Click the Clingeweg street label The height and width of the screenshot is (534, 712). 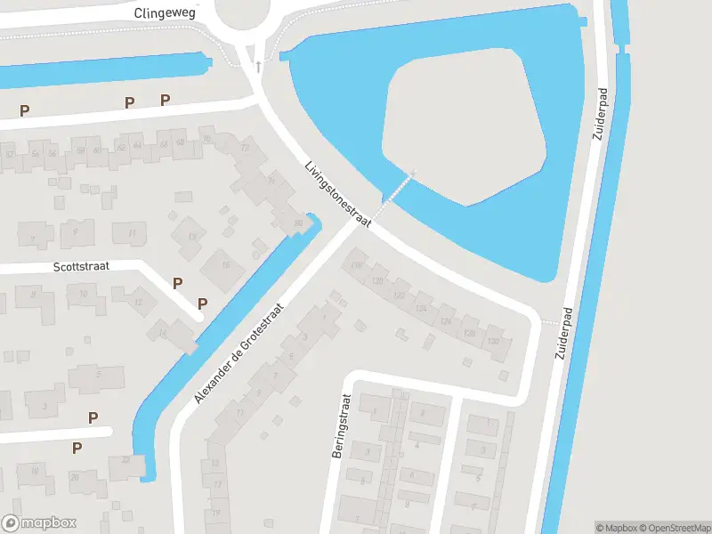click(165, 12)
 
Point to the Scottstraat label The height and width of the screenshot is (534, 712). click(79, 266)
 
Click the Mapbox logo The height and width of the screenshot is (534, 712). click(39, 523)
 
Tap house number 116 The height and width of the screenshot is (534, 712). click(358, 264)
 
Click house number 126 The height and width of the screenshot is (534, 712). click(445, 320)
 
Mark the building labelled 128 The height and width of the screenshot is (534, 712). click(470, 332)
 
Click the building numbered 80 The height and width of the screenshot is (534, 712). click(298, 223)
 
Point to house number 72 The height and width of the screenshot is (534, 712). click(245, 148)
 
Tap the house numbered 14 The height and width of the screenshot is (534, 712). click(162, 333)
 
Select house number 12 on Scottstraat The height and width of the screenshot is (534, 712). click(138, 302)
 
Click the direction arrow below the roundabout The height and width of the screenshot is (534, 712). click(259, 67)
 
